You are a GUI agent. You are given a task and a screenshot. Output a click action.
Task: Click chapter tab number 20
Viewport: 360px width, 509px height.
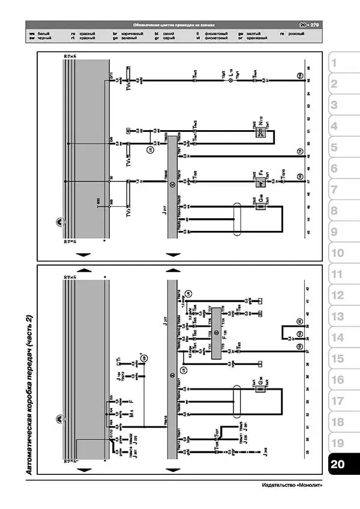click(337, 465)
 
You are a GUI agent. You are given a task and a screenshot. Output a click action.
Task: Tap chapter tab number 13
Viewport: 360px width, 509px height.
click(337, 317)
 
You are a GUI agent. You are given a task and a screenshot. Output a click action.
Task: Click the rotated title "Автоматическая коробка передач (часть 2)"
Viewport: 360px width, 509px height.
click(29, 396)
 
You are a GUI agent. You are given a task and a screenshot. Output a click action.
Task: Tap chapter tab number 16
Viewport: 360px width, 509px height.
click(337, 380)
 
